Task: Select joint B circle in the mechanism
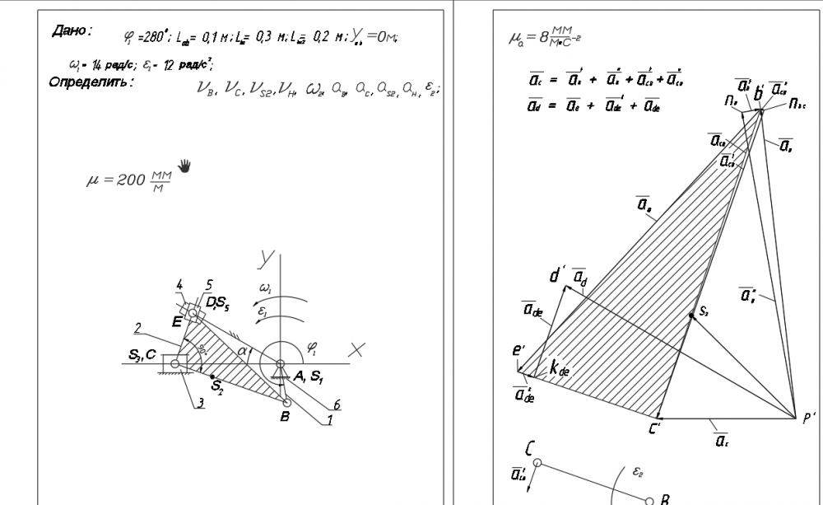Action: pos(286,403)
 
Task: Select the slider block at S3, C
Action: pos(174,362)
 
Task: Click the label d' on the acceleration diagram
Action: pos(558,275)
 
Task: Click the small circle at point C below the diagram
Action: pos(537,464)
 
